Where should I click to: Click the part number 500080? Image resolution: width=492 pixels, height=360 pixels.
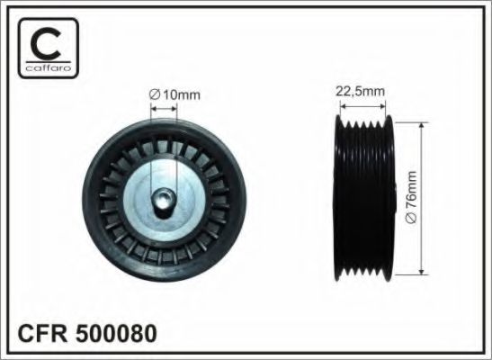tap(114, 333)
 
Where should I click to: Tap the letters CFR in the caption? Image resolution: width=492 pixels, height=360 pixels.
tap(41, 333)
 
